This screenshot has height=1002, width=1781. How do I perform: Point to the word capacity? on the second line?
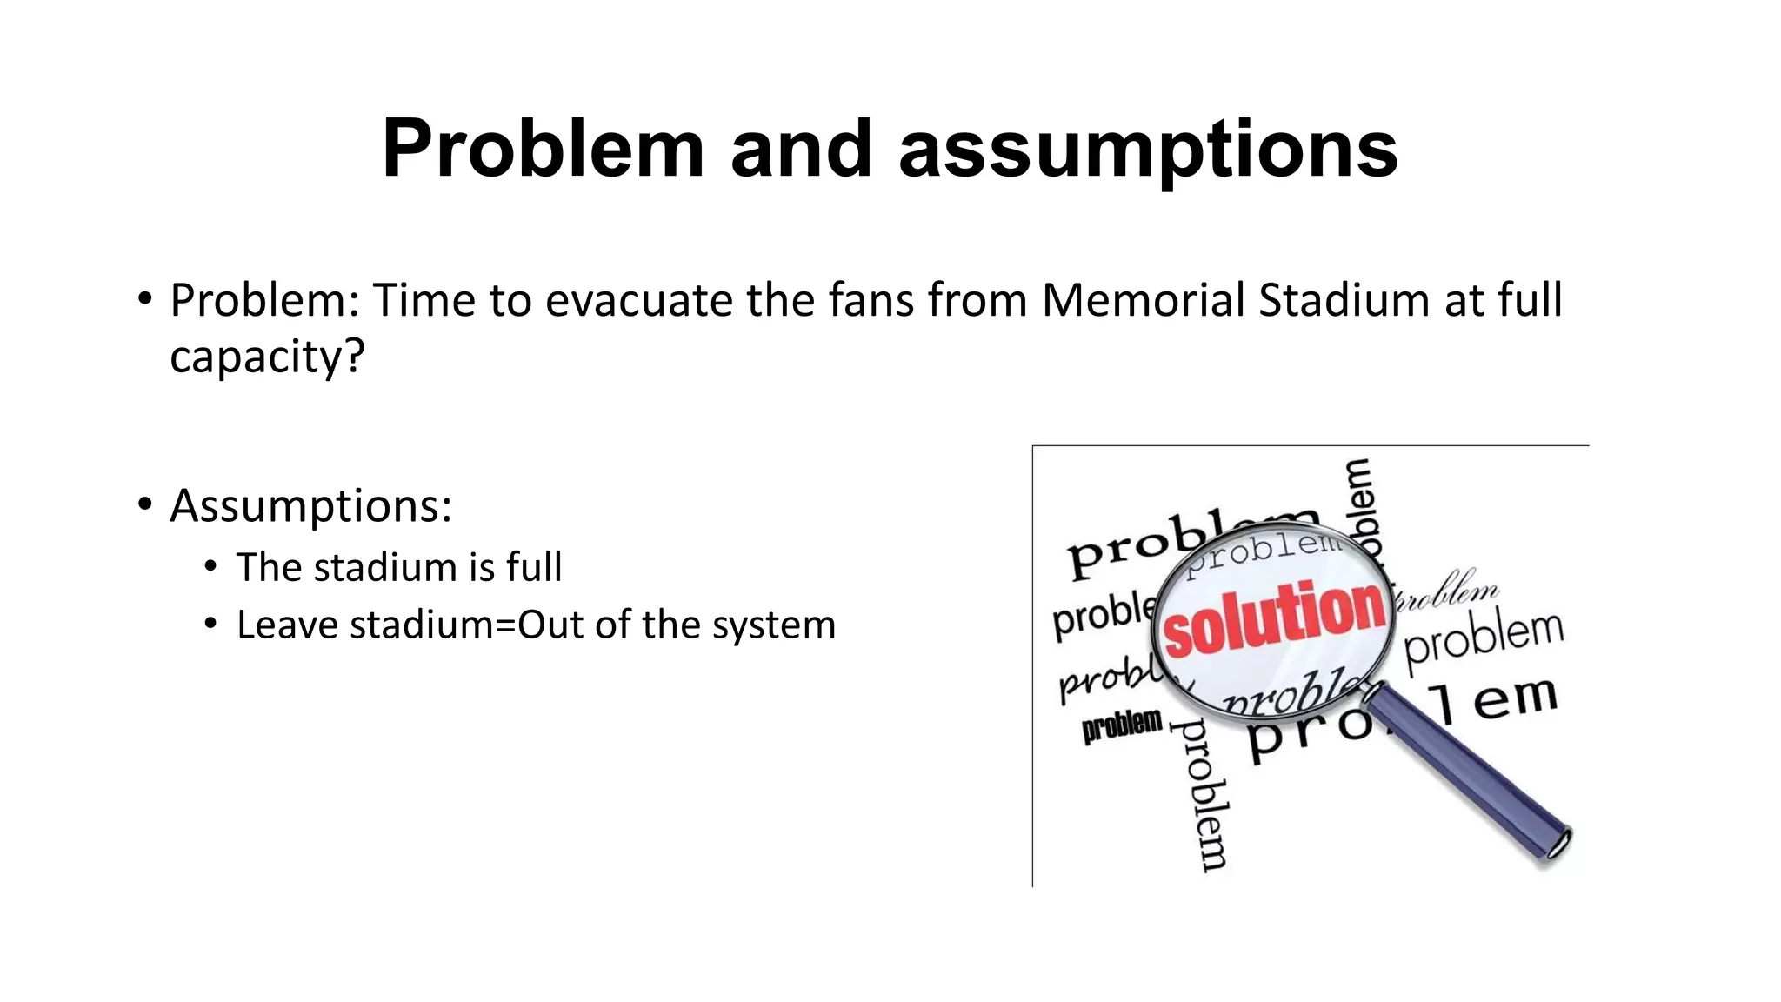pos(267,357)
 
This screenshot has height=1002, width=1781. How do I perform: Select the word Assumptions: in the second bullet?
pos(310,505)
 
